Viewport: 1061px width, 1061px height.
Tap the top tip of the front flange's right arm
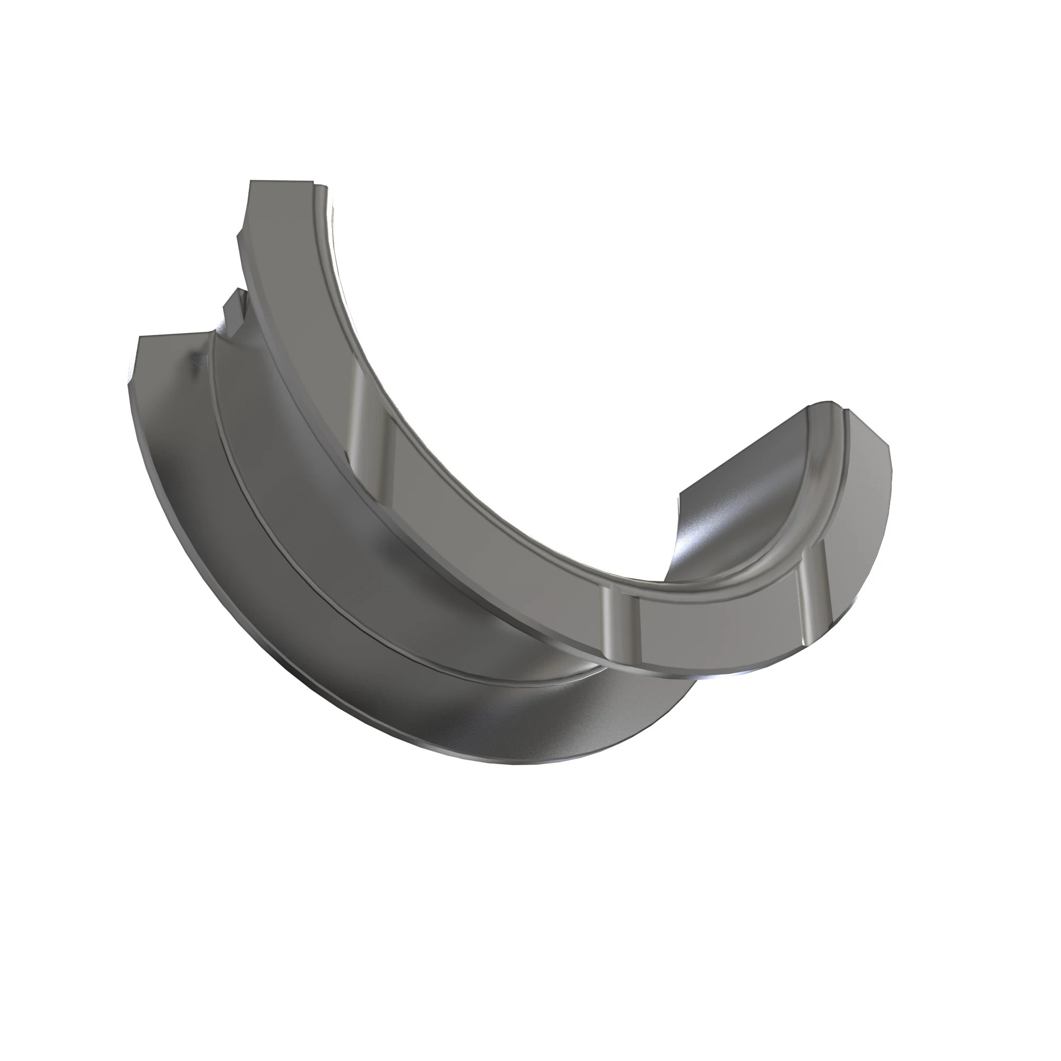click(824, 406)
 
